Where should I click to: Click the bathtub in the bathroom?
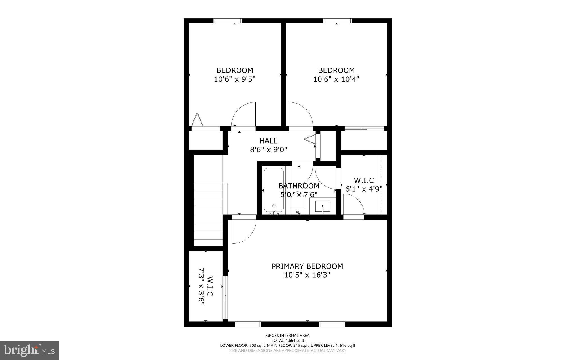point(274,190)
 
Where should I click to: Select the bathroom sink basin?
point(323,207)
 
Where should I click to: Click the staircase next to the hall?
point(208,214)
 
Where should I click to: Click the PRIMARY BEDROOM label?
point(307,266)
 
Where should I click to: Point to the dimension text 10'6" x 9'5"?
point(235,79)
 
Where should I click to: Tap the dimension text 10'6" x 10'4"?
point(336,79)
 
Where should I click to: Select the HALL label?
point(268,141)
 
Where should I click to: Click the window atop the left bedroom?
point(228,21)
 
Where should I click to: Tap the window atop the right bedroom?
point(337,21)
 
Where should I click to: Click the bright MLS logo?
point(29,350)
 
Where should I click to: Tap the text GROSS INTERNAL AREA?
point(288,335)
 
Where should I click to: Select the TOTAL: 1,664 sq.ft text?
point(288,340)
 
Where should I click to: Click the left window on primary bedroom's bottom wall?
point(248,324)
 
